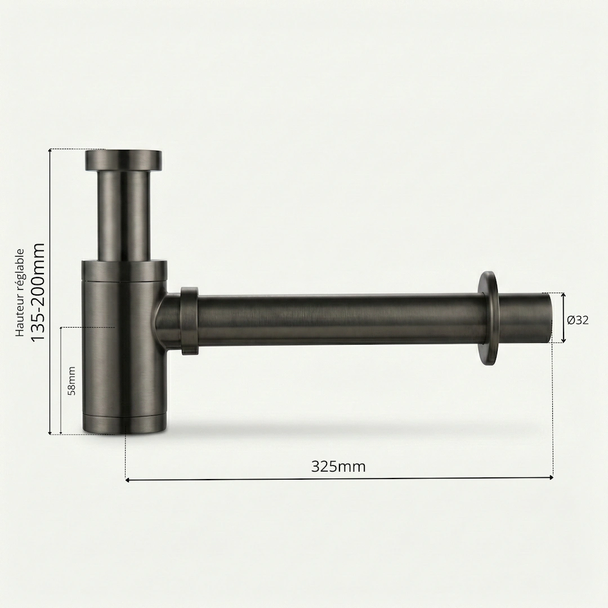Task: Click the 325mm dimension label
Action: coord(338,467)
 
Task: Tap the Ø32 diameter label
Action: coord(578,320)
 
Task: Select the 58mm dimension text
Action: coord(71,381)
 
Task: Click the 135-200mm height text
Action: coord(38,292)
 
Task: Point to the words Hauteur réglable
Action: coord(20,293)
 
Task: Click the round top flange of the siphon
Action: coord(123,160)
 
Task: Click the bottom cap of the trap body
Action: coord(124,424)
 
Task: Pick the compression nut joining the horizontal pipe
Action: coord(189,321)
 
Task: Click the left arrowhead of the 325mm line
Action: coord(128,480)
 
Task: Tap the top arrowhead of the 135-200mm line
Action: coord(51,151)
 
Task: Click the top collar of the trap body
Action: coord(124,270)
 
